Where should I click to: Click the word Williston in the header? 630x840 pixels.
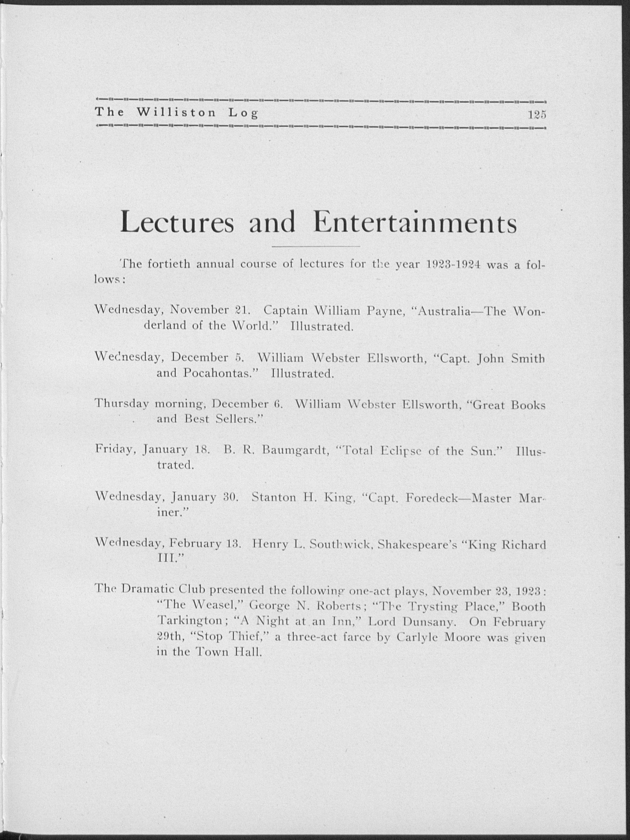click(176, 113)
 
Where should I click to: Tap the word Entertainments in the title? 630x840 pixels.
click(415, 223)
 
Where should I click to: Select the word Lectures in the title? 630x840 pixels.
click(177, 223)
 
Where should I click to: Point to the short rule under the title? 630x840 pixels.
click(316, 247)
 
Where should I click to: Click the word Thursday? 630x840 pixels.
click(121, 404)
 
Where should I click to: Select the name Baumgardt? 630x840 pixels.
click(295, 451)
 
